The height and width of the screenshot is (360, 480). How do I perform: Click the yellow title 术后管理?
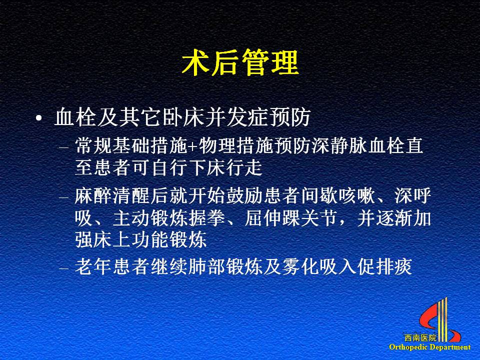click(240, 63)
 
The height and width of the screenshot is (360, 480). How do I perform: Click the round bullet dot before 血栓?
click(38, 118)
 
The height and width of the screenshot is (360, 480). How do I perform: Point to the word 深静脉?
click(340, 145)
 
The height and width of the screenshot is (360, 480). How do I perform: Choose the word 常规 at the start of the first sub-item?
click(93, 145)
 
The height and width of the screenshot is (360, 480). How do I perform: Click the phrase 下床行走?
click(225, 168)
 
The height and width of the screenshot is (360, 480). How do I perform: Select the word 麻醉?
click(93, 196)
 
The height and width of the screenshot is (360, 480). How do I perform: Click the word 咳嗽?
click(357, 196)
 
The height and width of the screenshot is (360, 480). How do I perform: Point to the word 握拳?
click(207, 218)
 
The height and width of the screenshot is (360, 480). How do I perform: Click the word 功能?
click(150, 239)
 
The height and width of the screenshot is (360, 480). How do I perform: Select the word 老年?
click(93, 266)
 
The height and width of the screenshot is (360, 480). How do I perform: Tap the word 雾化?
click(301, 266)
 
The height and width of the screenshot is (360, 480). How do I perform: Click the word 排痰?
click(394, 266)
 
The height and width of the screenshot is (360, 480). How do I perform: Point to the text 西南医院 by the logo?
click(420, 338)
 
